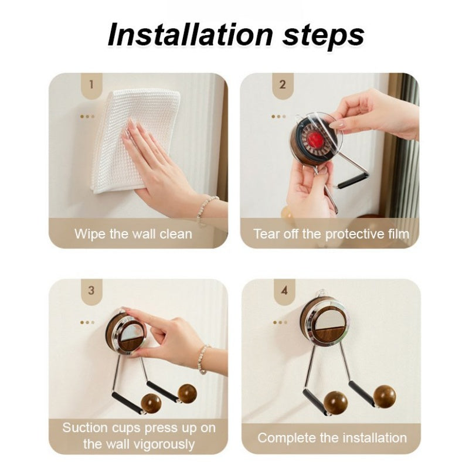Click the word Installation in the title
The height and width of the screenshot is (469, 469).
[x=190, y=35]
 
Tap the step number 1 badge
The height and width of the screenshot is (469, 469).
[x=91, y=85]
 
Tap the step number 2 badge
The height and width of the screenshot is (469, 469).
[x=283, y=85]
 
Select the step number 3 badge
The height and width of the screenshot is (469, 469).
[x=91, y=291]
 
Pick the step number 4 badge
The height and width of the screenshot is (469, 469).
[x=284, y=291]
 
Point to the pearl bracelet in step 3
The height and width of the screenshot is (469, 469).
[x=203, y=359]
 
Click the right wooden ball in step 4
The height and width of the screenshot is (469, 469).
[x=385, y=397]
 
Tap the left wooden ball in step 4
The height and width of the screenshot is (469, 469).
[x=335, y=403]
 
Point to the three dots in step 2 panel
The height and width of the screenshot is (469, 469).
[x=278, y=116]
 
